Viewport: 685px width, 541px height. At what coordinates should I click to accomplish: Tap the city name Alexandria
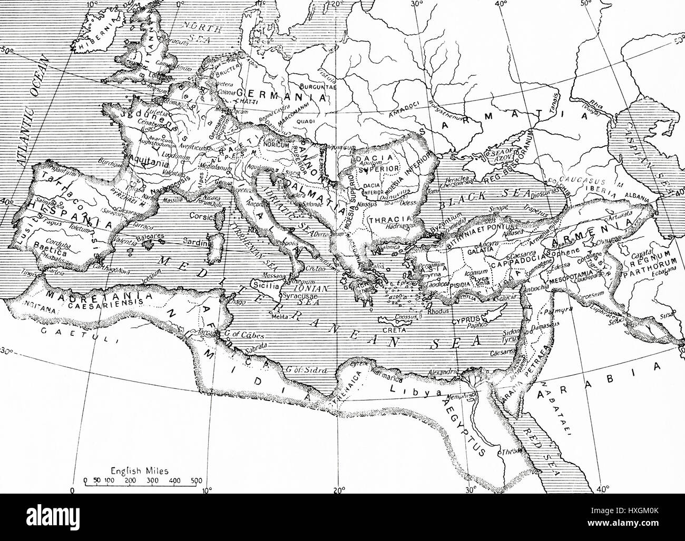click(443, 372)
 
